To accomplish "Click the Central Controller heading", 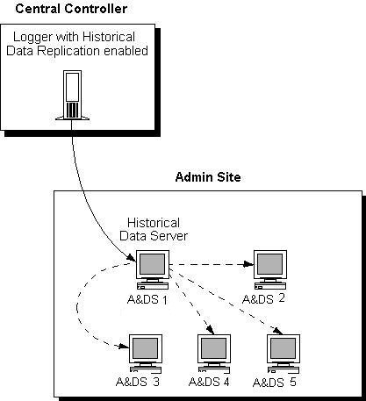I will (71, 9).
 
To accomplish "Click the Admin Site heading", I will (209, 178).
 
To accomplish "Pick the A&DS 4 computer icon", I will (213, 352).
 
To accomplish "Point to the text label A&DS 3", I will (138, 382).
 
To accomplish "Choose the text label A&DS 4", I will (207, 382).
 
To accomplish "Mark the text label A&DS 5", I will (276, 383).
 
